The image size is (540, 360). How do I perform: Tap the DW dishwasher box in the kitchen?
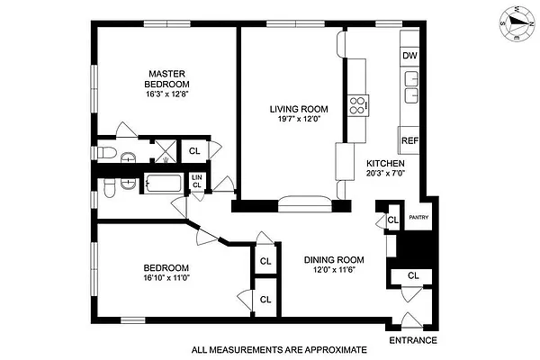[x=409, y=56]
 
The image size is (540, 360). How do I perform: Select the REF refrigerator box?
[x=409, y=140]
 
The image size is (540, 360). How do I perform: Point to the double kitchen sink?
[x=412, y=96]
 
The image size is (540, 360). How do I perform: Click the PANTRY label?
[x=418, y=218]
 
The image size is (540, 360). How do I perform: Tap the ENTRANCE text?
[x=413, y=340]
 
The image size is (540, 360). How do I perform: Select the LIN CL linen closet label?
[x=197, y=181]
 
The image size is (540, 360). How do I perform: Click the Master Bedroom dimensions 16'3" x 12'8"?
[x=168, y=92]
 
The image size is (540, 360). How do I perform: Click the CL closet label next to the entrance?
[x=413, y=275]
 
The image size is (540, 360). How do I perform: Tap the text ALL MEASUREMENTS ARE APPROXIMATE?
[x=281, y=349]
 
